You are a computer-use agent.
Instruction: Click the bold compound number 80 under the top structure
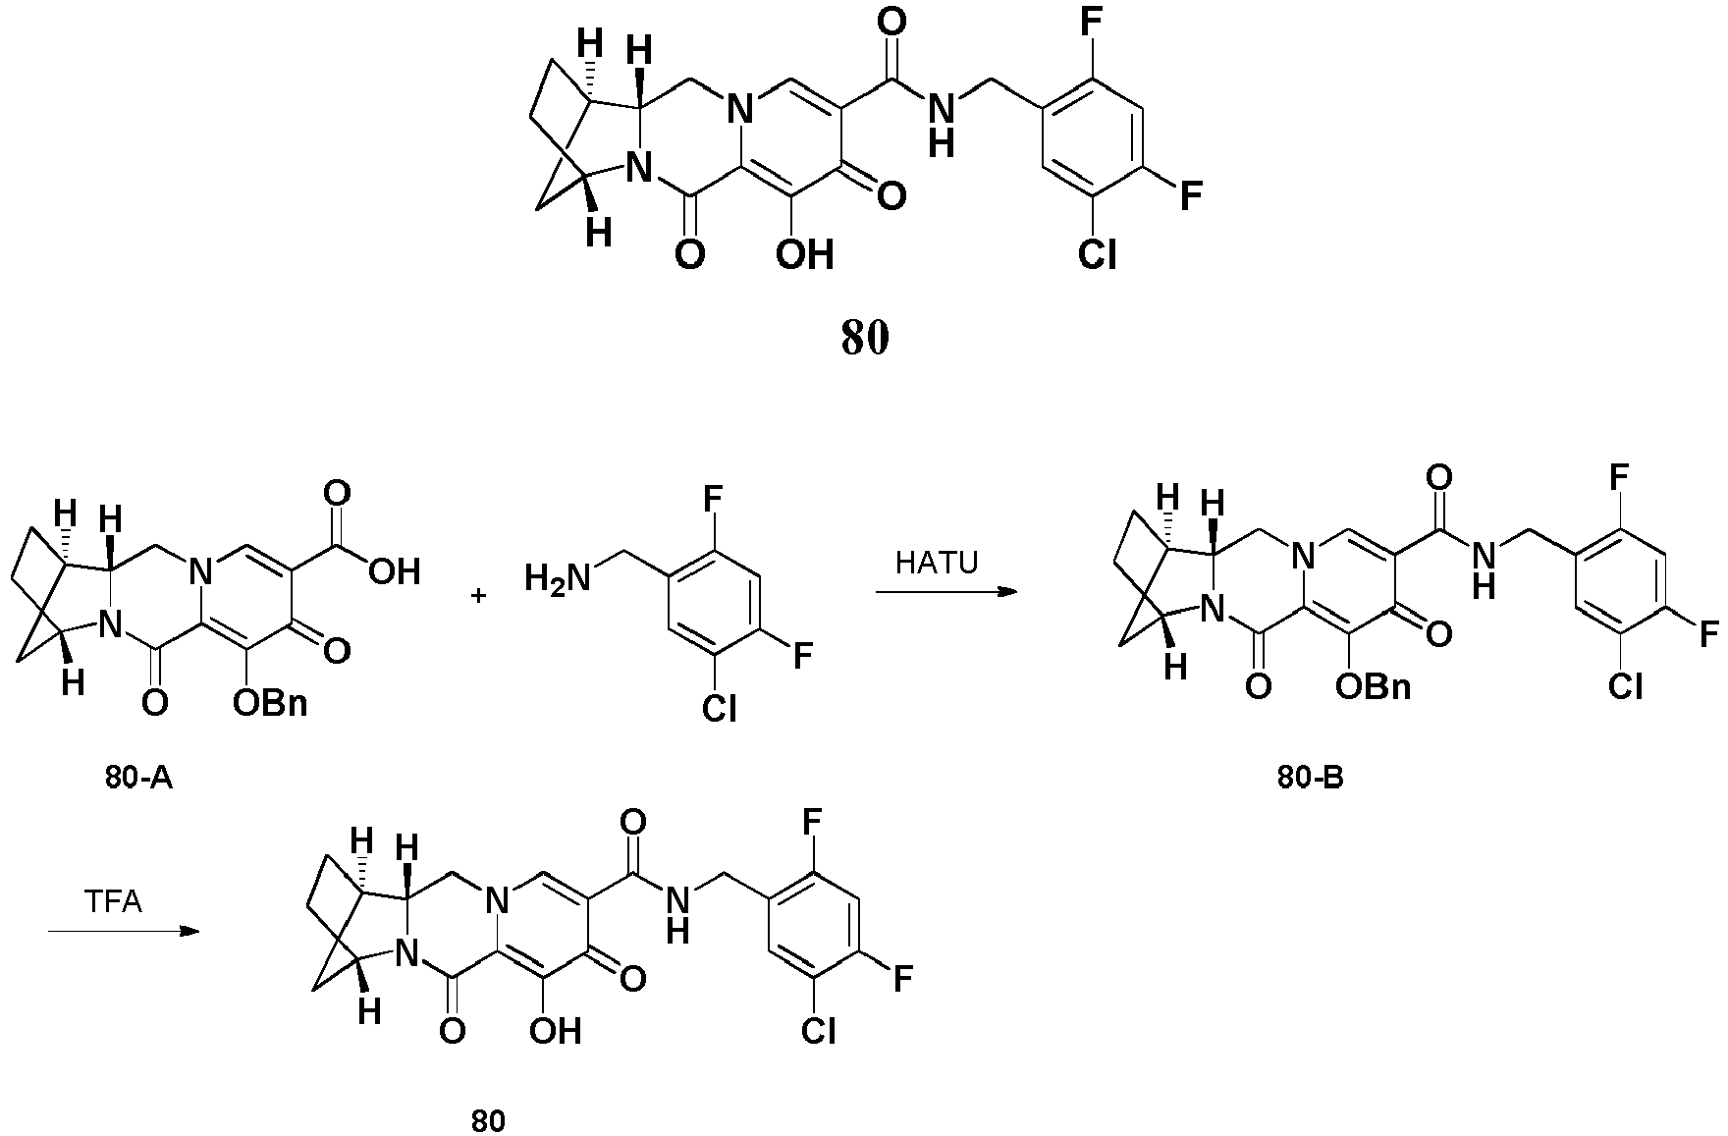[x=864, y=338]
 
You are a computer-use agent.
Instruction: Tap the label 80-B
[x=1311, y=779]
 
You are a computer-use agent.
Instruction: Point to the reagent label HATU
[x=937, y=565]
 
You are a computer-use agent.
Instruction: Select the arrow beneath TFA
[x=118, y=930]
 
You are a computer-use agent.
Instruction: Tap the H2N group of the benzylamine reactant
[x=558, y=577]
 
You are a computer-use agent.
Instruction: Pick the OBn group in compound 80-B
[x=1374, y=686]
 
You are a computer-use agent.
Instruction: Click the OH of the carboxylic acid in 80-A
[x=394, y=570]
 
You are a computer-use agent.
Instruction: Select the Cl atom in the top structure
[x=1098, y=254]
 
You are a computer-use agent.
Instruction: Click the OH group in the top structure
[x=805, y=254]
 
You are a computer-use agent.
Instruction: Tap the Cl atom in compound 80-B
[x=1625, y=686]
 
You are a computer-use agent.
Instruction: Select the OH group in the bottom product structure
[x=556, y=1030]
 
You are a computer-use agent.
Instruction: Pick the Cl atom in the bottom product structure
[x=818, y=1030]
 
